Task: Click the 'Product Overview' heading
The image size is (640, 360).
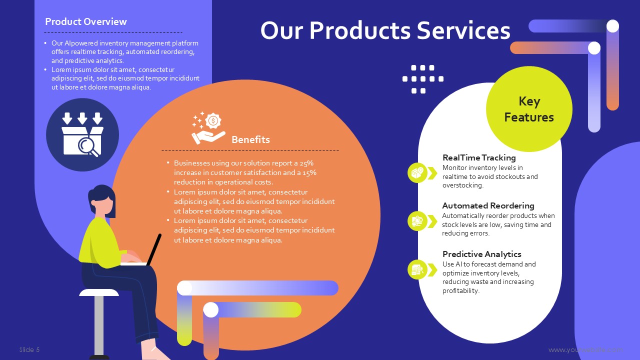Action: coord(85,21)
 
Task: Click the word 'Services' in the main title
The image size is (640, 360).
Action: coord(463,30)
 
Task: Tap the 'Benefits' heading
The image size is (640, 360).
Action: coord(250,139)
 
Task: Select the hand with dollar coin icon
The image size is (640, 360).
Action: coord(208,127)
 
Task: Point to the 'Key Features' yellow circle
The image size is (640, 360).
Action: coord(529,109)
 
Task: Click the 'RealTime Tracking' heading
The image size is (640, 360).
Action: coord(479,157)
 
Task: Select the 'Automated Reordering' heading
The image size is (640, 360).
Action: coord(488,205)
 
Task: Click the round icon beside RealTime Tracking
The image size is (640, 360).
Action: coord(417,173)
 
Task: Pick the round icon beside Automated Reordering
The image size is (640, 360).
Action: coord(417,221)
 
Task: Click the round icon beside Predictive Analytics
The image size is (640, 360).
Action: coord(417,269)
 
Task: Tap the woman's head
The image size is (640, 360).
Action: coord(102,201)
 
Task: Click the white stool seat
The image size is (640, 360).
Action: coord(99,292)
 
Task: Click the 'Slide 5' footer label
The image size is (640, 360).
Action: coord(29,349)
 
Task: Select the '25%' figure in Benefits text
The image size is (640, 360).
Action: coord(306,163)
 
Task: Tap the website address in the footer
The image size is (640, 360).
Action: coord(585,350)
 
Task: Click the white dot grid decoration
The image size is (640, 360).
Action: coord(423,79)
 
